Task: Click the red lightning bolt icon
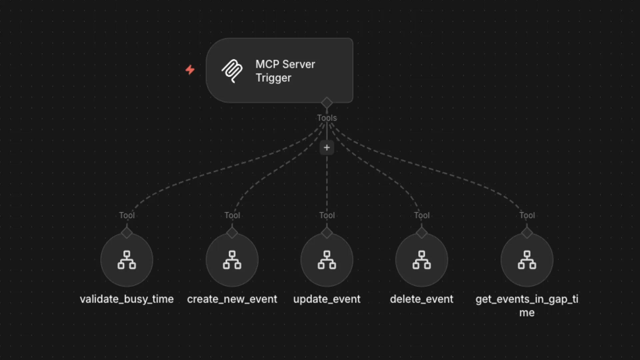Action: point(190,70)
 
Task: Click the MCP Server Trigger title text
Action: point(285,71)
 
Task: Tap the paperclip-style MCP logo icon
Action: point(232,71)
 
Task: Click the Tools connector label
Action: point(327,118)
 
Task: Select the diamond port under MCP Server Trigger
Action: point(327,103)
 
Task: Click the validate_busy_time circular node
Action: point(127,260)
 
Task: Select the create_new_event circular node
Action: point(232,260)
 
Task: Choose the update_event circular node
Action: point(327,260)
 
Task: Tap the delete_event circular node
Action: point(422,260)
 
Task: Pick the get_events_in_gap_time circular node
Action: point(527,260)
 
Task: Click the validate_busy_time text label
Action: point(127,299)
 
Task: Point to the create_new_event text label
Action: point(232,299)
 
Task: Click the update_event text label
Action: point(327,299)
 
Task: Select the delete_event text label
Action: point(422,299)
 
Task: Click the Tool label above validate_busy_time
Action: point(127,215)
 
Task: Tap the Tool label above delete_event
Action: point(422,215)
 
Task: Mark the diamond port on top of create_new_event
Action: point(232,233)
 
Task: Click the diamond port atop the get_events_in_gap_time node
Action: point(527,233)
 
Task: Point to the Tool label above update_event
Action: point(327,215)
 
